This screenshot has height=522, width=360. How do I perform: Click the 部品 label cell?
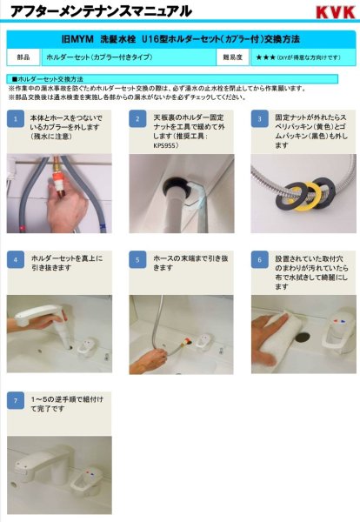pos(23,57)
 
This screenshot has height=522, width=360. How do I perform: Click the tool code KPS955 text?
pos(165,144)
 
